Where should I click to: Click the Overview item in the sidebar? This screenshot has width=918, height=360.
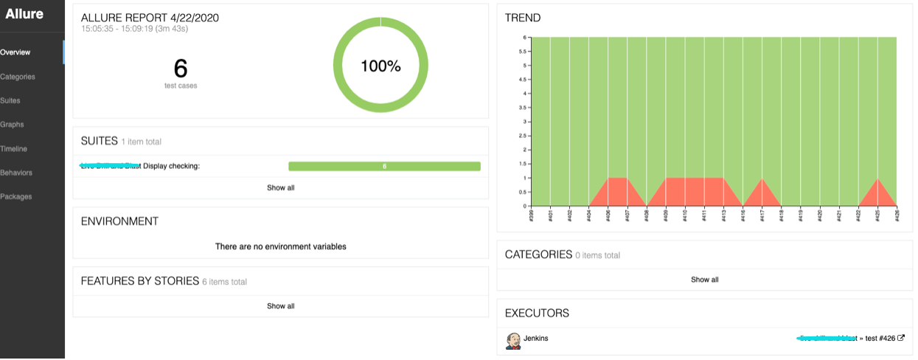[15, 52]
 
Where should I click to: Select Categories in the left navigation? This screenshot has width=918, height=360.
[18, 77]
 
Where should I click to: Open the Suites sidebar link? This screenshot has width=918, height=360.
[10, 100]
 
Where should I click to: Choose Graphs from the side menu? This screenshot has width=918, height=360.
[12, 125]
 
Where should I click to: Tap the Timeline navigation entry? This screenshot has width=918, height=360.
[14, 148]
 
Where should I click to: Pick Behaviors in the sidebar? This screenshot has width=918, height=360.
[16, 173]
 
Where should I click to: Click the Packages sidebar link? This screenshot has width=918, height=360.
[15, 197]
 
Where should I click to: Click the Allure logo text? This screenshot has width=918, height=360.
[24, 14]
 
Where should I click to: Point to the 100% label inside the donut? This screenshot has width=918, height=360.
[380, 66]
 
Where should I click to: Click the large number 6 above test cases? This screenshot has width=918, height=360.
[181, 69]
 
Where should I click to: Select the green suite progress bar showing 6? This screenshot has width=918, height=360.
[384, 166]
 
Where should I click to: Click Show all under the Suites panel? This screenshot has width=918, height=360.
[280, 187]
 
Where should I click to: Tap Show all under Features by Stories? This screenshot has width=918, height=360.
[280, 305]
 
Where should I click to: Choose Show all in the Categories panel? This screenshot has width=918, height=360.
[704, 280]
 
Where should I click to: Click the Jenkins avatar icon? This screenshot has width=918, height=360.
[513, 340]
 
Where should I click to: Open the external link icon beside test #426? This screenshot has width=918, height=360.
[901, 339]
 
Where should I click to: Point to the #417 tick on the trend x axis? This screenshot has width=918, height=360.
[762, 215]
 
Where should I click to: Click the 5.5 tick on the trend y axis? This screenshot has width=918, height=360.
[522, 52]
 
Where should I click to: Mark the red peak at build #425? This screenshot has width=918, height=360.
[877, 179]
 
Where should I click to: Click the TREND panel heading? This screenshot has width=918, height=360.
[522, 18]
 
